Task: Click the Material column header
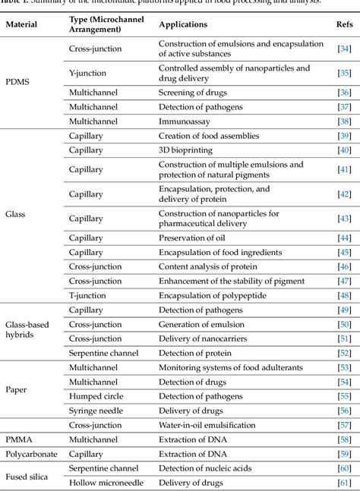click(x=24, y=24)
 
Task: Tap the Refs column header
click(x=343, y=24)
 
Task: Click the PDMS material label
click(x=18, y=80)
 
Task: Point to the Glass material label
click(x=16, y=215)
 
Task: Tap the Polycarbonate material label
click(x=31, y=453)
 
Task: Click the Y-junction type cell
click(x=88, y=74)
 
